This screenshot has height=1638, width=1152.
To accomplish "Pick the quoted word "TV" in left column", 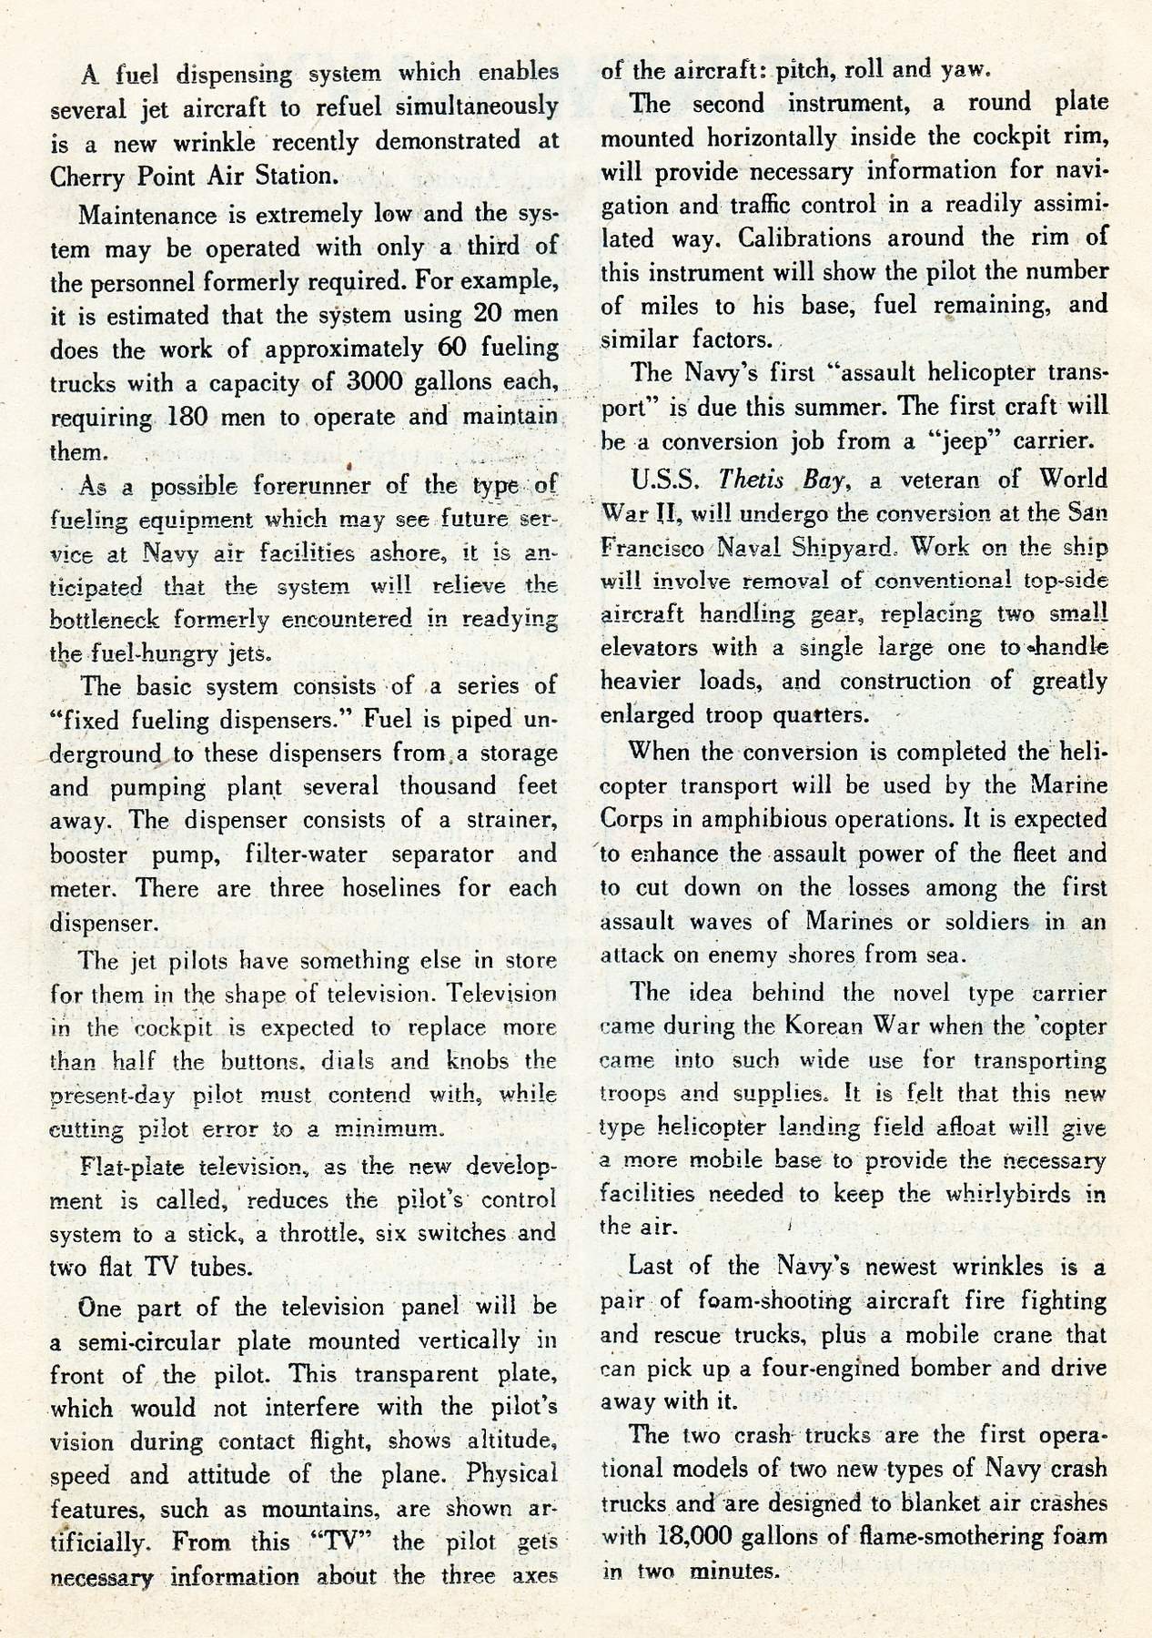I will pyautogui.click(x=339, y=1542).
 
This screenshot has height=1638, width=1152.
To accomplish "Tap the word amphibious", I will pyautogui.click(x=761, y=819).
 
